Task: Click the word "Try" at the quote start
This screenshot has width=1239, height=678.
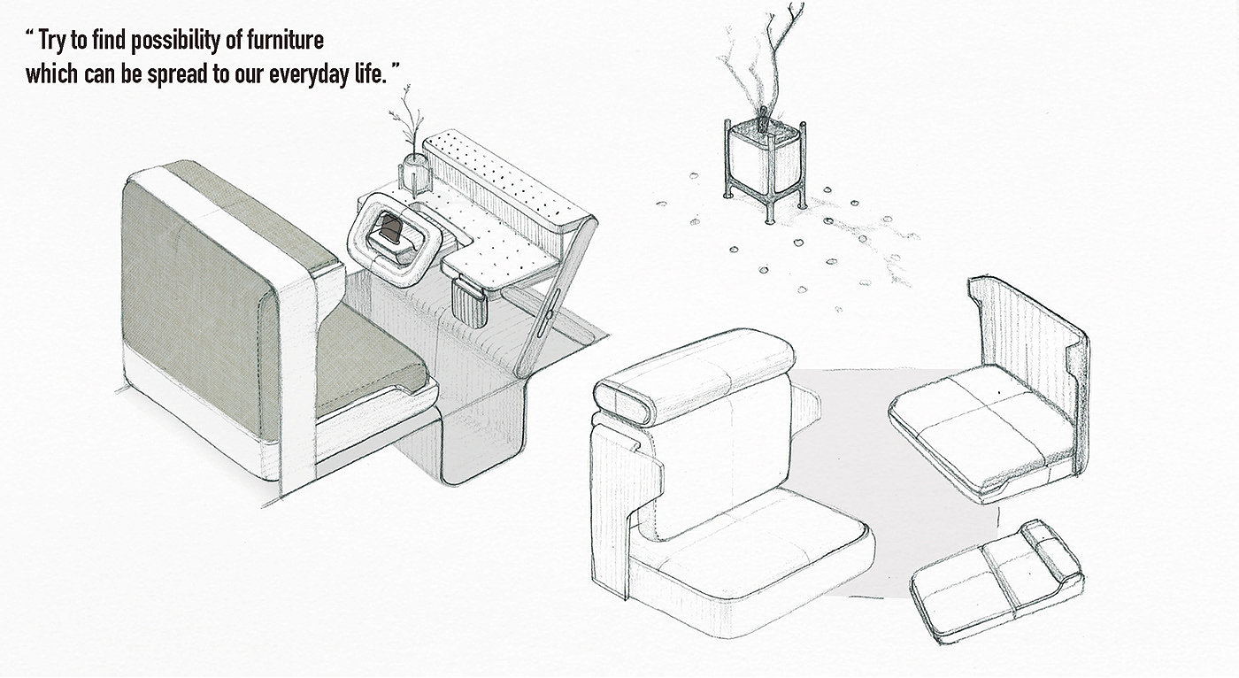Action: (x=52, y=41)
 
